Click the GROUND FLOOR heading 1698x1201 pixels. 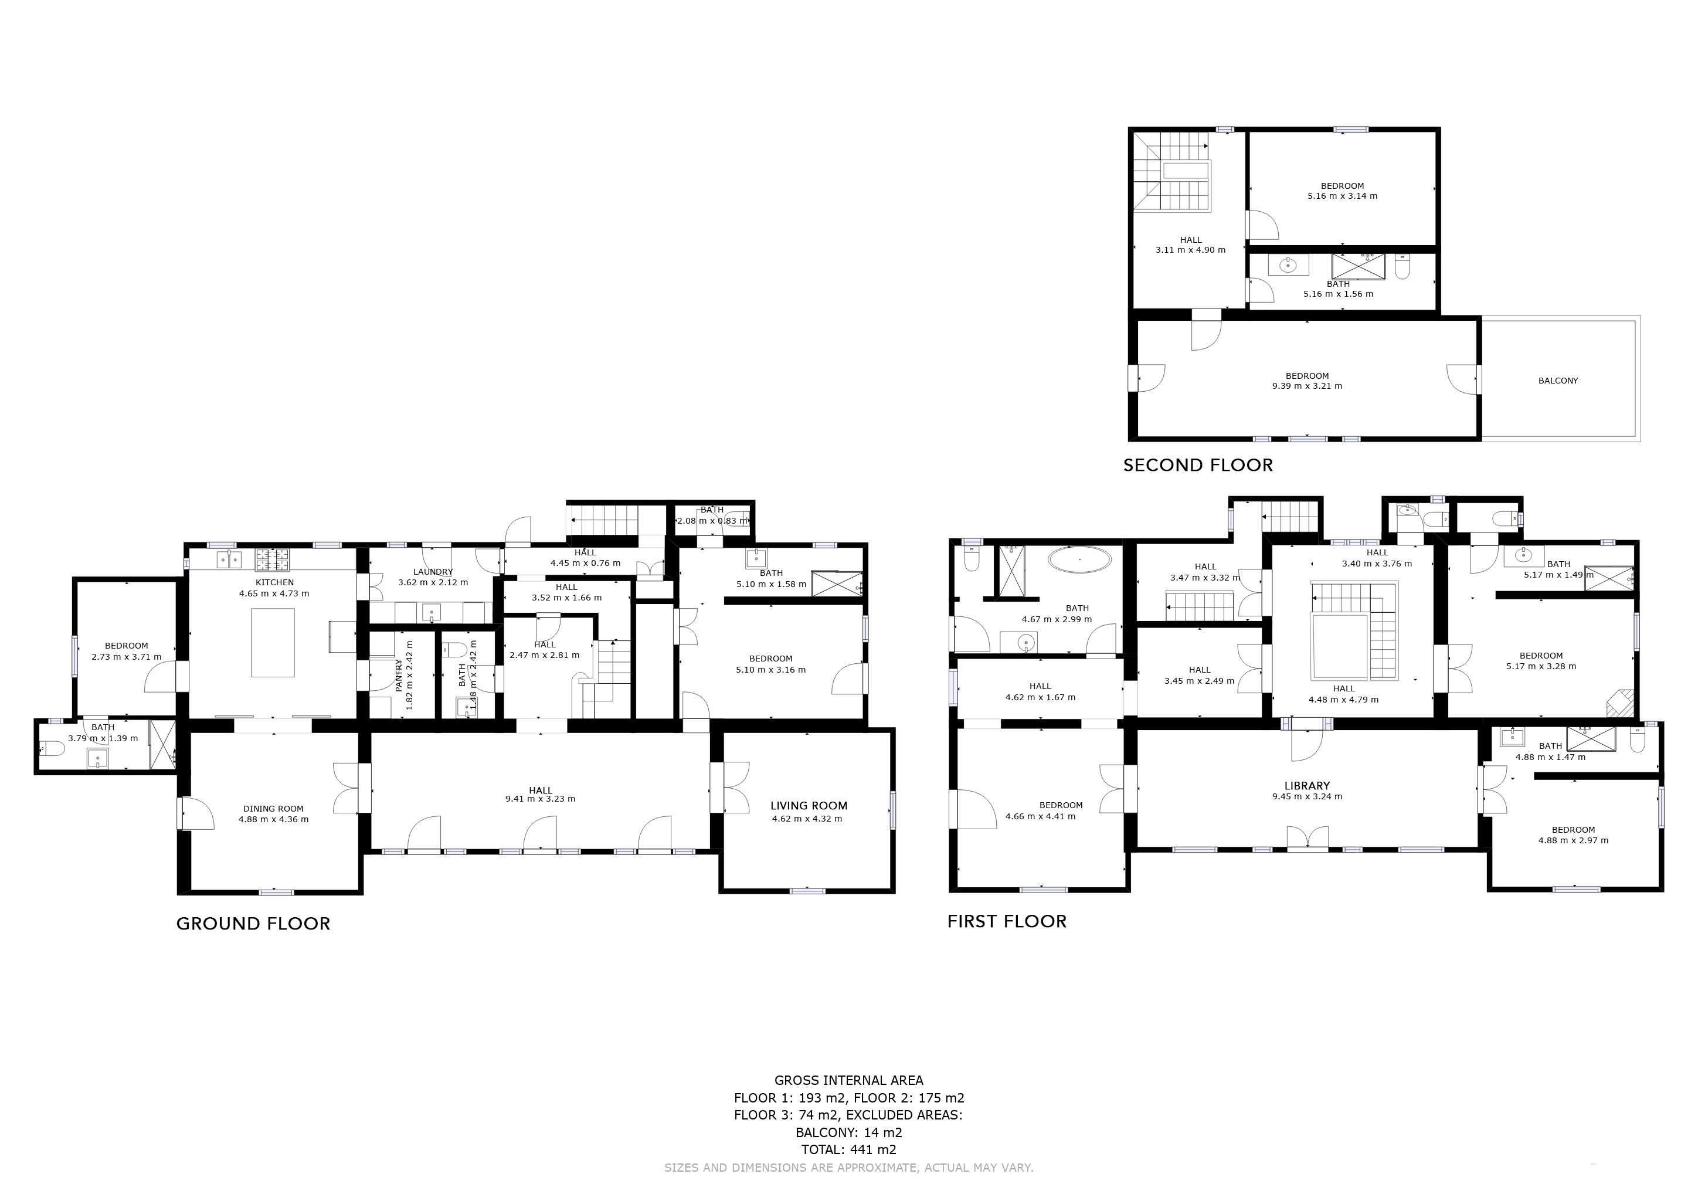click(253, 924)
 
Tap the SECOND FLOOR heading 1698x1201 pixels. click(1198, 465)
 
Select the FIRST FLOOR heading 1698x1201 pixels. click(1007, 921)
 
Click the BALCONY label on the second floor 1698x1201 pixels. click(1558, 381)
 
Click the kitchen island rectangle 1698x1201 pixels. click(273, 643)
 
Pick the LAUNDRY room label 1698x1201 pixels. click(433, 572)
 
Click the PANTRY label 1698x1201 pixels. click(399, 675)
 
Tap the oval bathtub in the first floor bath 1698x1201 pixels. click(1081, 560)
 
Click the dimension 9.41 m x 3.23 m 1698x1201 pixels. click(541, 799)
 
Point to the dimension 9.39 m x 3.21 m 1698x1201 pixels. click(1307, 386)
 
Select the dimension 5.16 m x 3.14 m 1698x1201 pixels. click(1342, 196)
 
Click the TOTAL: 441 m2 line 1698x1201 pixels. click(849, 1149)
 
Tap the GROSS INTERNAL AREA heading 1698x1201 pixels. click(849, 1080)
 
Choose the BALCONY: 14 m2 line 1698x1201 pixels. click(849, 1132)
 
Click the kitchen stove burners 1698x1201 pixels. click(273, 560)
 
